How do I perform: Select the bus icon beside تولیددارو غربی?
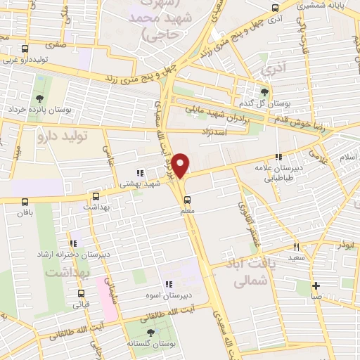[x=25, y=49]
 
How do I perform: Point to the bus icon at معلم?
[x=186, y=199]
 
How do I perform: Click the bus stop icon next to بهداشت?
[x=96, y=197]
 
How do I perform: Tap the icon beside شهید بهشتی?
[x=139, y=172]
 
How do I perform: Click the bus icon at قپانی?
[x=81, y=294]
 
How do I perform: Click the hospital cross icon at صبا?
[x=316, y=285]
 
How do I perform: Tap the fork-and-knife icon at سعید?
[x=296, y=247]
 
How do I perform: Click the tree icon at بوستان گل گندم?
[x=264, y=92]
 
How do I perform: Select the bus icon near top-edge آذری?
[x=275, y=9]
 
